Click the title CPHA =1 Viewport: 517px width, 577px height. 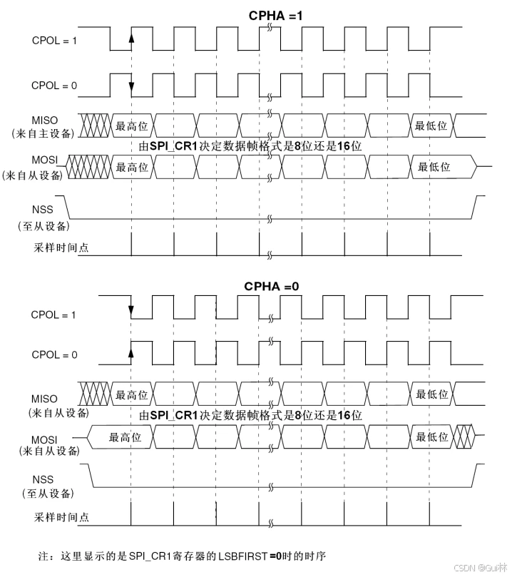pos(275,16)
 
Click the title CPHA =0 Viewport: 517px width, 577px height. pos(272,286)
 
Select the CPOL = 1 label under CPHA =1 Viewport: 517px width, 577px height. pos(54,41)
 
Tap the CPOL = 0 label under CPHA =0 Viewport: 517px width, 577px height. pos(54,354)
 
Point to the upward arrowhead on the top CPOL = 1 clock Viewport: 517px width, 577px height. pos(131,38)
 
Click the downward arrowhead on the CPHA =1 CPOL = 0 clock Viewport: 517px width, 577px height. pos(131,86)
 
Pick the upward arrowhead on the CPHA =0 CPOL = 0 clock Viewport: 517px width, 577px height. pos(131,352)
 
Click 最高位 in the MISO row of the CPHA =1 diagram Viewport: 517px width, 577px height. pos(132,126)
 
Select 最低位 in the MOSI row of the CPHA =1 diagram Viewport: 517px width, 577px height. pos(434,167)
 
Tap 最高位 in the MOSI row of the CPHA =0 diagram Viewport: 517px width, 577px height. pos(125,437)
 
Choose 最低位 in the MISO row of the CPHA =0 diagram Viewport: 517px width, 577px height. pos(432,394)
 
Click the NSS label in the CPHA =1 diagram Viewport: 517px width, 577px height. pos(43,210)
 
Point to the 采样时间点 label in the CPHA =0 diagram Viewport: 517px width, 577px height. pos(61,517)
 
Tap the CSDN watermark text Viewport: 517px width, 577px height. pos(480,568)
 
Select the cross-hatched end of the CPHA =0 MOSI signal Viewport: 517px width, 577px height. pos(464,436)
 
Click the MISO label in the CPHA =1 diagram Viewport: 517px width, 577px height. pos(45,121)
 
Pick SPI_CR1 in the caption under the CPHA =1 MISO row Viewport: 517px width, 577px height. pos(174,146)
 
